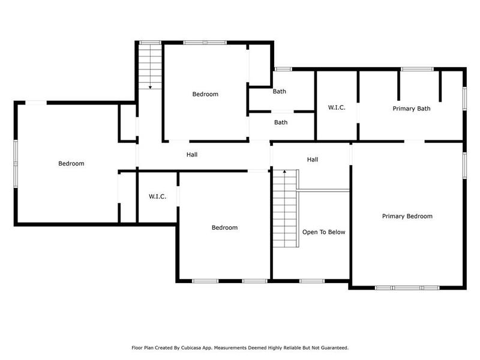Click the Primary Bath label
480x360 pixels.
point(411,109)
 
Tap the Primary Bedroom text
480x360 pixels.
point(407,216)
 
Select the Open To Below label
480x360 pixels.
point(323,232)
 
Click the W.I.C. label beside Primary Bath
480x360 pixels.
point(336,108)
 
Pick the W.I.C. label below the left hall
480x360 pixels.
point(157,197)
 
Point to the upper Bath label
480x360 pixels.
point(280,92)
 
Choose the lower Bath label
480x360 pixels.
point(281,122)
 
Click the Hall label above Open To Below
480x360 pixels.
point(312,160)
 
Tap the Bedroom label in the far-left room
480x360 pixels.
point(71,163)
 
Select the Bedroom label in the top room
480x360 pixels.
point(205,94)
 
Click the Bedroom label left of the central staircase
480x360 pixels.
point(224,227)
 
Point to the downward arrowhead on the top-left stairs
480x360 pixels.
point(150,88)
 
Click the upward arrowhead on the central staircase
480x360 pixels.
point(284,172)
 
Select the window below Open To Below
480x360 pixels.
point(311,281)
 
